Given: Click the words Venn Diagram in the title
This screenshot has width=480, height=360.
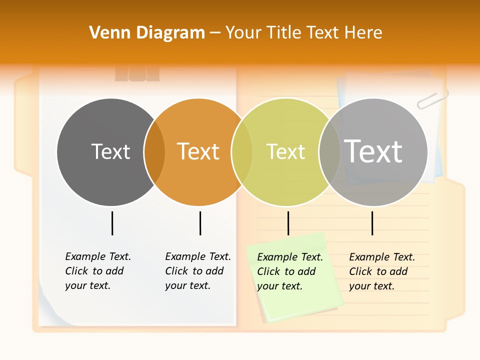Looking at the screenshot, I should tap(147, 33).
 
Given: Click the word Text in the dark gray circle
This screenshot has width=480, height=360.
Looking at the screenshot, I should tap(110, 151).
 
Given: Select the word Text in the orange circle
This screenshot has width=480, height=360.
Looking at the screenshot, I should tap(198, 151).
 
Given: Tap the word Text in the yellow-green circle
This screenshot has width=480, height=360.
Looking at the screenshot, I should tap(285, 151).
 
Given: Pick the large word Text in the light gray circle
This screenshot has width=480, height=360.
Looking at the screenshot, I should tap(373, 151).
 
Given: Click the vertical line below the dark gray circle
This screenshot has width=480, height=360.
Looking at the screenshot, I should tap(112, 223).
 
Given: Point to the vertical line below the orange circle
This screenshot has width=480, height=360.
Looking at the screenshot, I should tap(200, 223).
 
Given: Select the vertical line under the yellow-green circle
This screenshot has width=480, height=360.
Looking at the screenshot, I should tap(288, 223).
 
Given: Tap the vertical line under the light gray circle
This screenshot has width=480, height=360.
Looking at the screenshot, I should tap(372, 223).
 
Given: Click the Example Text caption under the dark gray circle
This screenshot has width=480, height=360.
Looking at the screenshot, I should tap(97, 271).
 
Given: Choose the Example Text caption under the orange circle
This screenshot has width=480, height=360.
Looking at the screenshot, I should tap(197, 271).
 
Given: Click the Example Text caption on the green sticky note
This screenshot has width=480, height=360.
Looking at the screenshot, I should tap(289, 271).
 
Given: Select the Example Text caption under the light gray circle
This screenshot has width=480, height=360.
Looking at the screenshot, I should tap(381, 271).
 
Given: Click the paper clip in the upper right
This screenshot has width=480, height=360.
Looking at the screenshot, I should tap(432, 98).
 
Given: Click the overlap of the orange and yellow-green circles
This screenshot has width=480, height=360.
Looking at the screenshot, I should tap(242, 152).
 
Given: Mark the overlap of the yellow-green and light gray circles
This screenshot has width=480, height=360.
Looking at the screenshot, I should tap(329, 152).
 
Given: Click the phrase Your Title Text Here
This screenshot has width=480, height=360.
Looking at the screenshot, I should tap(303, 33).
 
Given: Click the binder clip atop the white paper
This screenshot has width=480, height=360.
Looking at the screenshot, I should tap(137, 74).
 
